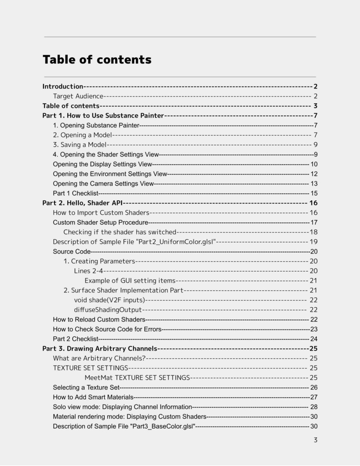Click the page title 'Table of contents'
pyautogui.click(x=97, y=60)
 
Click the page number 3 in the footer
pyautogui.click(x=315, y=440)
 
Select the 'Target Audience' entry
pyautogui.click(x=78, y=96)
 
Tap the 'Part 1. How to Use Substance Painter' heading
pyautogui.click(x=103, y=116)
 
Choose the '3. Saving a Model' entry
pyautogui.click(x=80, y=145)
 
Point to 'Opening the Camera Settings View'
pyautogui.click(x=103, y=183)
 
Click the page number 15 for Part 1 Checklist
pyautogui.click(x=314, y=193)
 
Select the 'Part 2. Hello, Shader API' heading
pyautogui.click(x=82, y=203)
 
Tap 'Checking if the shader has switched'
pyautogui.click(x=120, y=232)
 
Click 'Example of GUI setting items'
pyautogui.click(x=130, y=280)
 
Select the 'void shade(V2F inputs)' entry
pyautogui.click(x=109, y=300)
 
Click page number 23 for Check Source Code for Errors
pyautogui.click(x=314, y=329)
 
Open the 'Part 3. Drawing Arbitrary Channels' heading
pyautogui.click(x=100, y=349)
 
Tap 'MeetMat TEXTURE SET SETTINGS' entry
pyautogui.click(x=137, y=378)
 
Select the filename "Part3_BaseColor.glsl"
pyautogui.click(x=162, y=426)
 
